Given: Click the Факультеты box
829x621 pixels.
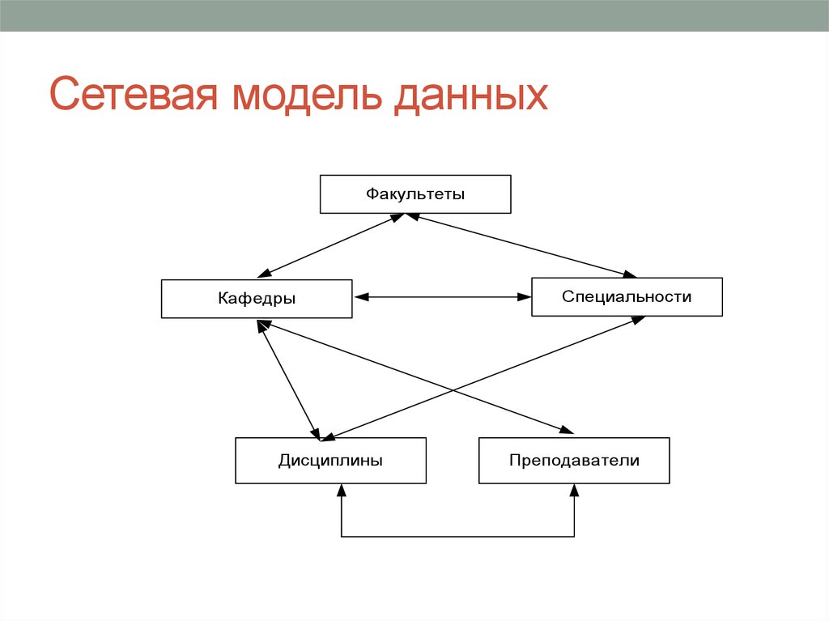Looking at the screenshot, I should click(415, 194).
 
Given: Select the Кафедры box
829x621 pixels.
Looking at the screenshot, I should click(257, 299).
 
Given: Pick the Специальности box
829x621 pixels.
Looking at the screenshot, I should click(627, 297).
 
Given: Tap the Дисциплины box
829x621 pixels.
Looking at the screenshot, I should click(330, 461).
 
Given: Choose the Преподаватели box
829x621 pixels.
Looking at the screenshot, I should click(574, 461).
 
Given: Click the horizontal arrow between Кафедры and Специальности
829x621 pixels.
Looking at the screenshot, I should click(442, 297).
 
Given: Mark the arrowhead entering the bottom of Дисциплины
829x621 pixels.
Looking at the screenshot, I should click(342, 491).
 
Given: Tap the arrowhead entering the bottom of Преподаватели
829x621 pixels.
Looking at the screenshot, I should click(574, 491).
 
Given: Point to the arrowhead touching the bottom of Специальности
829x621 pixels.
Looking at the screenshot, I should click(637, 320).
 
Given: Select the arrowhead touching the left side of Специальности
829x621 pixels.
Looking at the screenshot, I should click(525, 297).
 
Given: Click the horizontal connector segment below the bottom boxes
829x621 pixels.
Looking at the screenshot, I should click(457, 536).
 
